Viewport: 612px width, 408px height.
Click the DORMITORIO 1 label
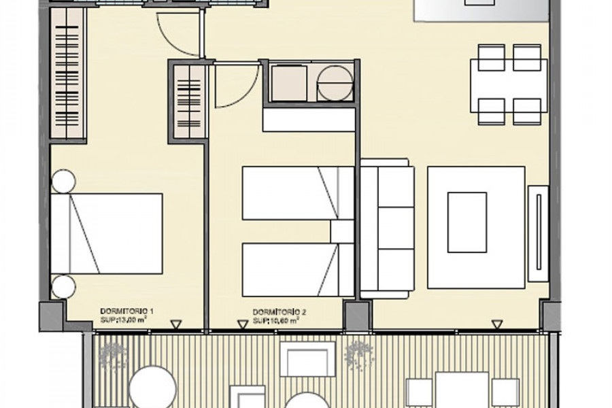coord(126,311)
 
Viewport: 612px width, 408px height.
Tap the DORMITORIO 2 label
coord(279,312)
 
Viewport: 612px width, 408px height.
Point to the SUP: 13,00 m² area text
coord(123,320)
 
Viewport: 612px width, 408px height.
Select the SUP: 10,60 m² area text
coord(276,320)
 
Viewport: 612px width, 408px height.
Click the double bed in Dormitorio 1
coord(107,233)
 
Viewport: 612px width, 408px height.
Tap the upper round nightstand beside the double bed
coord(63,182)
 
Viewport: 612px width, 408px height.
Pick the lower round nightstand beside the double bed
coord(63,286)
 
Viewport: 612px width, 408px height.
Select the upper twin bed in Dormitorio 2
coord(299,193)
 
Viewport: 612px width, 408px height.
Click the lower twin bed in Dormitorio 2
coord(299,270)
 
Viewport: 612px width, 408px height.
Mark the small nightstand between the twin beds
coord(342,231)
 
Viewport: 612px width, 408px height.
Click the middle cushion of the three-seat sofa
coord(396,228)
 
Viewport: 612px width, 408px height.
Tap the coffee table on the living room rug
coord(467,222)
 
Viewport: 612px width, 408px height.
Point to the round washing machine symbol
coord(335,83)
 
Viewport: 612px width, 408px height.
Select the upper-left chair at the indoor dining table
coord(492,57)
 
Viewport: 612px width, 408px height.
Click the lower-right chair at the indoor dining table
coord(527,112)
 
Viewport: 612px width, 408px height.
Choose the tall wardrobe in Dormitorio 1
coord(67,73)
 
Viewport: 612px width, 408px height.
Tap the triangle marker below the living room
coord(497,324)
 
